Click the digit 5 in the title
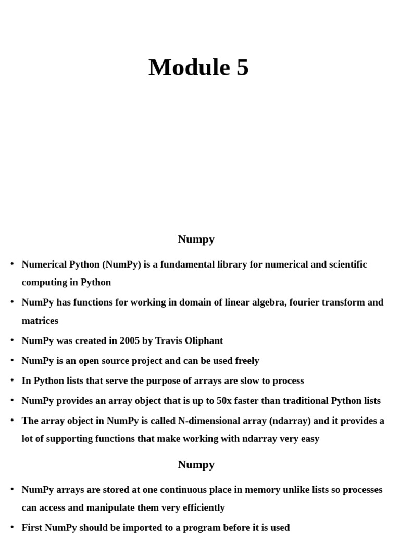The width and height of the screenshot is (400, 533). click(x=242, y=68)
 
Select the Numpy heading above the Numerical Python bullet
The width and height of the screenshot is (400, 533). click(x=196, y=239)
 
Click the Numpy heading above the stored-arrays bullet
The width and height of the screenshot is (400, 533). click(x=196, y=465)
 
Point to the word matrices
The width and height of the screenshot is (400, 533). click(x=40, y=321)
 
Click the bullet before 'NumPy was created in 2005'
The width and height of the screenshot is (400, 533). click(x=12, y=341)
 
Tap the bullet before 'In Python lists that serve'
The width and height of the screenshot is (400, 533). click(x=12, y=380)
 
